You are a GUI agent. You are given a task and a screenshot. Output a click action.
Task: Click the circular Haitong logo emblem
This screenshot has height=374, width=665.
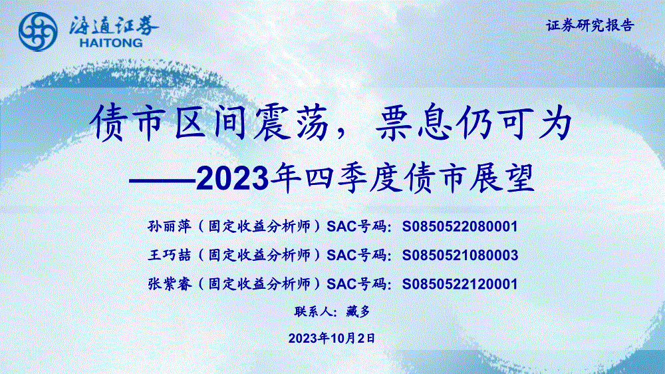coord(38,31)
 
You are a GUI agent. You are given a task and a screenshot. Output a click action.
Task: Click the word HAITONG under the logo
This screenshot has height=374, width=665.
coord(111,43)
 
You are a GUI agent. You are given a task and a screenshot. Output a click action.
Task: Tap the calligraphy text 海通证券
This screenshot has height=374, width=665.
coord(114,25)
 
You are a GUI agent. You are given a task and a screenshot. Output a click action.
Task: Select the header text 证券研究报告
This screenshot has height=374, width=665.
coord(590,25)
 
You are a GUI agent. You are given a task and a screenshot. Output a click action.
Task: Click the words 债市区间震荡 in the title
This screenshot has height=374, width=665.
coord(210,123)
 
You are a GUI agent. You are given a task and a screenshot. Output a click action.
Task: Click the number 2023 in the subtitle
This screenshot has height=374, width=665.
coord(232,179)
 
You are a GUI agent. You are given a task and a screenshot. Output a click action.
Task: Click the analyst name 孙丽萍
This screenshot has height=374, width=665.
coord(170,226)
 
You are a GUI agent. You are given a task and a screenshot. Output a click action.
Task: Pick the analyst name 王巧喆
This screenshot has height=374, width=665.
coord(170,255)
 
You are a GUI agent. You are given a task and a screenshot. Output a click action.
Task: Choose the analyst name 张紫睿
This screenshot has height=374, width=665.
coord(170,283)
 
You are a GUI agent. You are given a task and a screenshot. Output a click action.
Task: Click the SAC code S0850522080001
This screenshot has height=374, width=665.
coord(460,227)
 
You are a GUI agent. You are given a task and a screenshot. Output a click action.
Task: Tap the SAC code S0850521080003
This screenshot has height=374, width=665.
coord(460,255)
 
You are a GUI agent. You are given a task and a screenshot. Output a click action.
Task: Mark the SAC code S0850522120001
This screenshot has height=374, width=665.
coord(460,284)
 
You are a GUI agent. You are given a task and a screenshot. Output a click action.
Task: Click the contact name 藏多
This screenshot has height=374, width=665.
coord(358,311)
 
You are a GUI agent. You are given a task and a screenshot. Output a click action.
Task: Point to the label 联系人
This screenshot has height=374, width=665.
coord(313,311)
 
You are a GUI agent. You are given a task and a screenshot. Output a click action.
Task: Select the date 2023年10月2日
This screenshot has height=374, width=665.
coord(332,338)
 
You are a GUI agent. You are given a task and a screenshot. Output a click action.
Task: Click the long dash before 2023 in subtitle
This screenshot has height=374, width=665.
coord(162,180)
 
